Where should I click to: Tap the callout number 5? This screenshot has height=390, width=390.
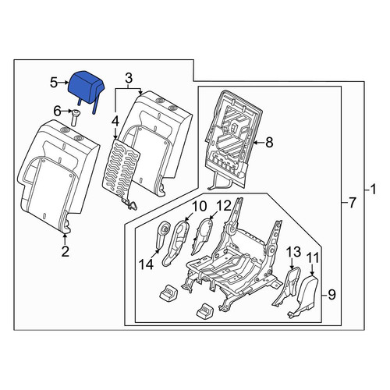54,83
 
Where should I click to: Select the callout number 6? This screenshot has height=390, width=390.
57,112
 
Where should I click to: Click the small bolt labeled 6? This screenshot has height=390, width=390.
75,118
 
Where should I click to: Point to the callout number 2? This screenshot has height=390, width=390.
65,251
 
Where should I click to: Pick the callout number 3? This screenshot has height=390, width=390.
129,78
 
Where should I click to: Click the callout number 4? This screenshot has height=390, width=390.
115,122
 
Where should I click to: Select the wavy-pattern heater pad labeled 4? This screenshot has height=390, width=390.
121,172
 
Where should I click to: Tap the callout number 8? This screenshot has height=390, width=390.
269,143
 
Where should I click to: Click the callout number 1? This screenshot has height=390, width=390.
373,190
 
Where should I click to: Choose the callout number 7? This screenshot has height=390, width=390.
352,203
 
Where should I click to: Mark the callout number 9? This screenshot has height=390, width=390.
331,295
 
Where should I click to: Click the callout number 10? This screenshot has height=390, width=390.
199,206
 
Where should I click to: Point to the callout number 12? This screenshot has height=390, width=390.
223,206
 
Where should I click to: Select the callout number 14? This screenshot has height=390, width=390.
146,264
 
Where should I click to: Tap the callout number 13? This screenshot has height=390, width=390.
294,252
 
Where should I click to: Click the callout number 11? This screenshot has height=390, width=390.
313,258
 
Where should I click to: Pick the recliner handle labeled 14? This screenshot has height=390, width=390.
162,233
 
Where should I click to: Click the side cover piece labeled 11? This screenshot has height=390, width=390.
304,296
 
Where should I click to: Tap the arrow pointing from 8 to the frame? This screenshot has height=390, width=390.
258,143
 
